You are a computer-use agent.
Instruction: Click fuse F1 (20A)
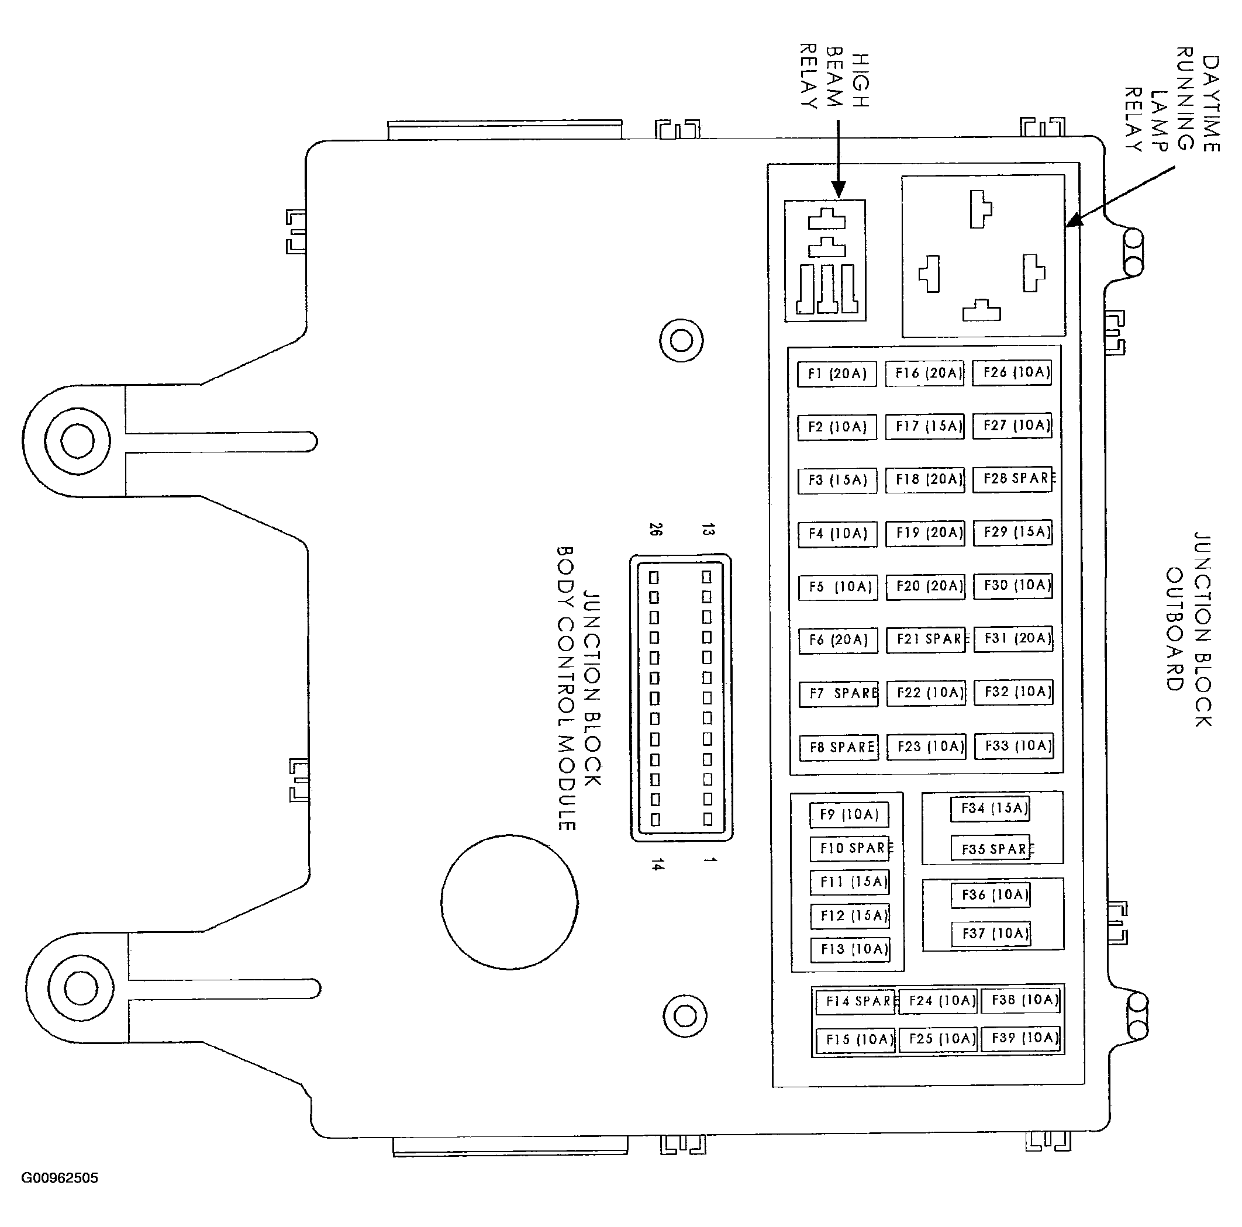pyautogui.click(x=836, y=374)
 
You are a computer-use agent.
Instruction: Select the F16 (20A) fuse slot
pyautogui.click(x=924, y=374)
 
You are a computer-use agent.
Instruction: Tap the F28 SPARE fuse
pyautogui.click(x=1013, y=479)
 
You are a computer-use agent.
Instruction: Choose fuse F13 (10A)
pyautogui.click(x=850, y=949)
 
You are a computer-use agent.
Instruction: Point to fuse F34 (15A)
pyautogui.click(x=990, y=809)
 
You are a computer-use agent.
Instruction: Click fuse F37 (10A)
pyautogui.click(x=991, y=934)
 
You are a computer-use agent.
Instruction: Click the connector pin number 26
pyautogui.click(x=655, y=530)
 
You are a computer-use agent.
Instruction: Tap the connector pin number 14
pyautogui.click(x=655, y=865)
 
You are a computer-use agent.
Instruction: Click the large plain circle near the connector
pyautogui.click(x=509, y=902)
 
